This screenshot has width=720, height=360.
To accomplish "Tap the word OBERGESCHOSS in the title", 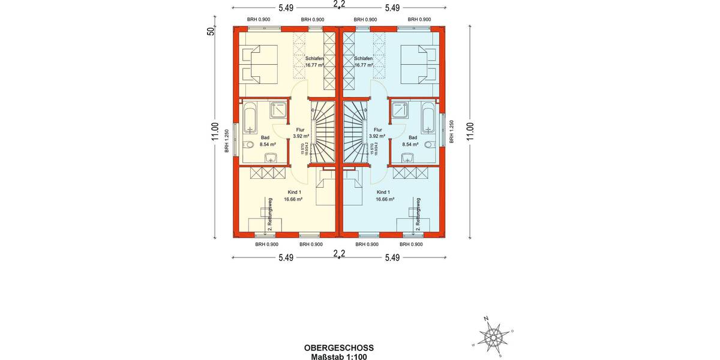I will (x=339, y=347).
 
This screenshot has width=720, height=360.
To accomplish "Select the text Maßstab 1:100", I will (x=339, y=356).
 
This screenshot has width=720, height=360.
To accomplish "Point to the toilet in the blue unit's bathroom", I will (x=428, y=145).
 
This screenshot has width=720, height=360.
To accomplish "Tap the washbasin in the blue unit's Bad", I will (x=408, y=158).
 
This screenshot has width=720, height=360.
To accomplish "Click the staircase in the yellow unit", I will (x=322, y=132).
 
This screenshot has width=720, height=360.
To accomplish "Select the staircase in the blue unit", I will (x=355, y=132).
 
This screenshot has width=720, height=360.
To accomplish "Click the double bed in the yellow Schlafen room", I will (x=259, y=64).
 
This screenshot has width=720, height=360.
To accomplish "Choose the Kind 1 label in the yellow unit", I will (x=293, y=193).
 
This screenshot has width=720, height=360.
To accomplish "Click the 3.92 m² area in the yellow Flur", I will (x=300, y=136).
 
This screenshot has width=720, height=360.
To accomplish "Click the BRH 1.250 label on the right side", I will (x=452, y=131).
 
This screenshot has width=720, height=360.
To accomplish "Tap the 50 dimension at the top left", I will (x=211, y=31).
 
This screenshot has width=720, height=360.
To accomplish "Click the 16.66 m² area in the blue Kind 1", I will (x=385, y=199).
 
